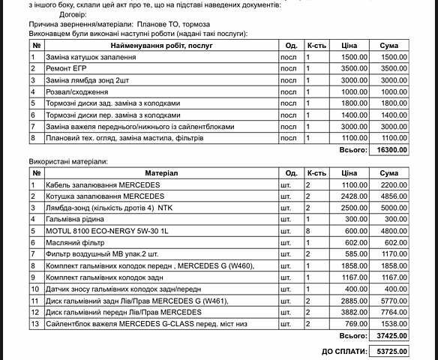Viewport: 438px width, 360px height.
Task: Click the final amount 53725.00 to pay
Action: pyautogui.click(x=393, y=351)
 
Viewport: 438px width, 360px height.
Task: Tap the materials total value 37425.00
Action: pyautogui.click(x=393, y=337)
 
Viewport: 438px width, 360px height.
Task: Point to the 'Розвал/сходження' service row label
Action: pyautogui.click(x=76, y=91)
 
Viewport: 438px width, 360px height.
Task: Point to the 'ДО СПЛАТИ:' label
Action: pyautogui.click(x=343, y=351)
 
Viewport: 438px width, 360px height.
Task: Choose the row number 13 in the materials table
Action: pyautogui.click(x=35, y=323)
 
